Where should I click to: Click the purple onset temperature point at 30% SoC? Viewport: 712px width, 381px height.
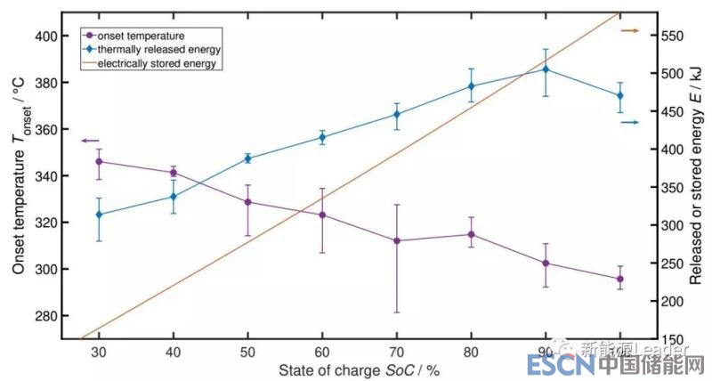pyautogui.click(x=99, y=161)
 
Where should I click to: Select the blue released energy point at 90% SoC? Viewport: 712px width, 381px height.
pyautogui.click(x=546, y=69)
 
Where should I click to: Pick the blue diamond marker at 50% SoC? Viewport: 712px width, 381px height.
pyautogui.click(x=247, y=158)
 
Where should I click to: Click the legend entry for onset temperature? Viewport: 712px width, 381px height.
pyautogui.click(x=147, y=34)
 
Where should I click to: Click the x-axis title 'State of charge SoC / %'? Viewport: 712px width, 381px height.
pyautogui.click(x=347, y=369)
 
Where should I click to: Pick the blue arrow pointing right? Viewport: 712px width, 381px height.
pyautogui.click(x=629, y=122)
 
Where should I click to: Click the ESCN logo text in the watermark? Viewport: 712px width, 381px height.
pyautogui.click(x=552, y=366)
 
